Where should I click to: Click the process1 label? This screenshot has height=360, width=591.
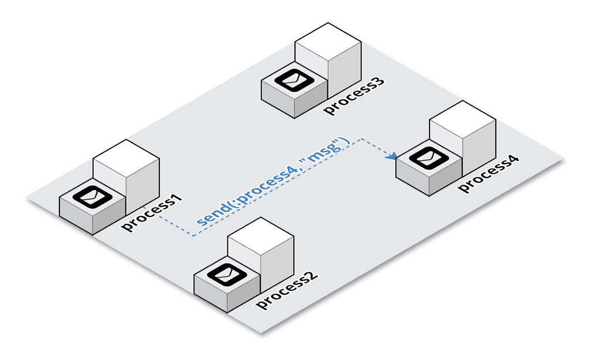[151, 213]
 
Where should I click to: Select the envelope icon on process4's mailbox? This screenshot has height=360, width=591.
[428, 156]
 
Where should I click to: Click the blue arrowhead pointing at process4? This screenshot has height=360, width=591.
[392, 156]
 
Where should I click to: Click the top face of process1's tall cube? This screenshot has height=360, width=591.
[126, 155]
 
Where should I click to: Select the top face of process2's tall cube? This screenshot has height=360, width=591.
[261, 232]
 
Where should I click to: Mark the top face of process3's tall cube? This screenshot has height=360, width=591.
[328, 38]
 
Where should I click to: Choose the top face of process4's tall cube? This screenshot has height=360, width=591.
[462, 117]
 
